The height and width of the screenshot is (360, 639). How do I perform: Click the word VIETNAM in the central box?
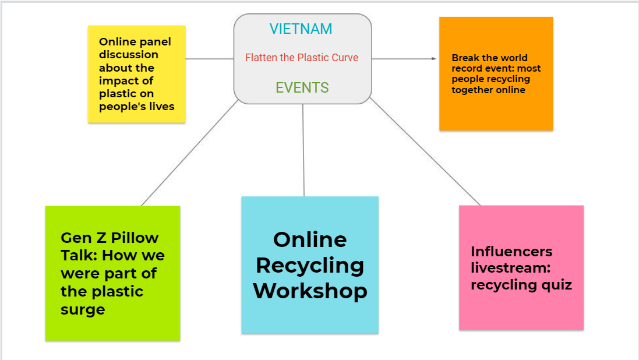click(x=301, y=29)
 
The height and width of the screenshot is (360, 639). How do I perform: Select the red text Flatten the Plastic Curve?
click(x=301, y=58)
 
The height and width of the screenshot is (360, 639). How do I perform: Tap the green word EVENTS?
click(x=302, y=88)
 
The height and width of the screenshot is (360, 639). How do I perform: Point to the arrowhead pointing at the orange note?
click(x=433, y=59)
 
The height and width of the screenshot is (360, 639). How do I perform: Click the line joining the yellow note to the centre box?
click(x=210, y=59)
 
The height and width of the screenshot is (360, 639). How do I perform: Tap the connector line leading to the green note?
click(x=189, y=153)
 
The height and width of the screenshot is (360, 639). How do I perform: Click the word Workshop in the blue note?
click(x=310, y=291)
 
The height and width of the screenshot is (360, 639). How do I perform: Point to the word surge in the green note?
click(x=83, y=310)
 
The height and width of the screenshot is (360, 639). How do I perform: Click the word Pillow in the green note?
click(x=135, y=238)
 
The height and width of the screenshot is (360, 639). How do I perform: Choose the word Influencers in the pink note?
click(x=511, y=252)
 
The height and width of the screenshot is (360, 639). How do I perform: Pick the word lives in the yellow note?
click(x=161, y=107)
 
